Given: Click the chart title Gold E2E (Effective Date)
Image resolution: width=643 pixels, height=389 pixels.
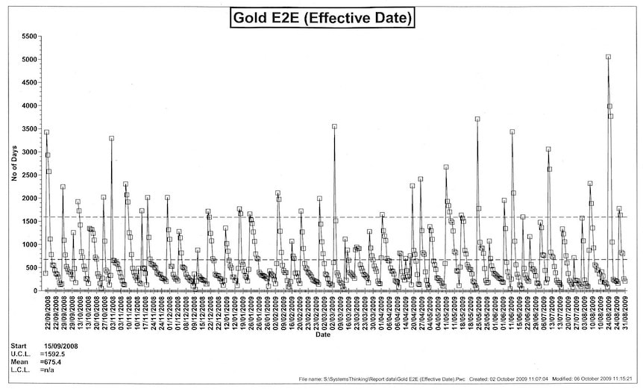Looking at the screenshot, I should pos(321,16).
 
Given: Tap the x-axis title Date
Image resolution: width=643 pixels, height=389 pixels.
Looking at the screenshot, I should pos(322,334).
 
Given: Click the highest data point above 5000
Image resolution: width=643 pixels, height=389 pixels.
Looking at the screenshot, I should pos(608,57).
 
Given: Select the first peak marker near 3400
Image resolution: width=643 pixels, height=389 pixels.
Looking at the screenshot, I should pos(46,132).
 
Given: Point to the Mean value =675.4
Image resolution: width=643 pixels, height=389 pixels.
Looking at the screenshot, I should pos(51,362).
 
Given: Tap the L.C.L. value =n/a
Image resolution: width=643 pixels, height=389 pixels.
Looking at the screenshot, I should pos(46,370).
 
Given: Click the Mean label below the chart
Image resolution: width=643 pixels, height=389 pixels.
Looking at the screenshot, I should pos(18,362).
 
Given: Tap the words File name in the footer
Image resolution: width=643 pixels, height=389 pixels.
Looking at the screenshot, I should pos(309,380).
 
